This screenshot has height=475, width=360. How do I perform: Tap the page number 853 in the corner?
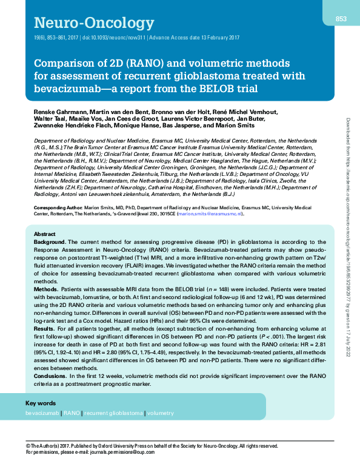341,19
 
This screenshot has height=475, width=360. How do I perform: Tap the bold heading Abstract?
44,234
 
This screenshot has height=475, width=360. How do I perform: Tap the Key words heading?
41,403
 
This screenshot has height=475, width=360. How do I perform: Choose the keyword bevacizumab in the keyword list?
42,413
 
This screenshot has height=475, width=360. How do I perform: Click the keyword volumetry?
160,413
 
